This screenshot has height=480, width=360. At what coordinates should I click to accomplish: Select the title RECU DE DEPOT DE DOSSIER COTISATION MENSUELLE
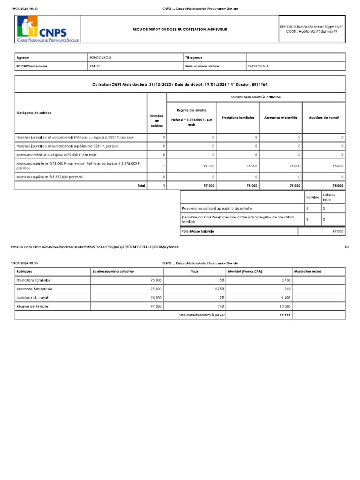(180, 29)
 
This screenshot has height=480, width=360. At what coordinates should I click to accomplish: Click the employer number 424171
(94, 66)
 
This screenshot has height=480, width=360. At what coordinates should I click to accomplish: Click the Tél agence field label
(194, 58)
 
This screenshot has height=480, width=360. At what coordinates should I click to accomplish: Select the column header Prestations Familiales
(238, 118)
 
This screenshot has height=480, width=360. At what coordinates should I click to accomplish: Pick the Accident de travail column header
(324, 118)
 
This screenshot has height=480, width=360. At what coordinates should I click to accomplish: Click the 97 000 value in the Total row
(209, 186)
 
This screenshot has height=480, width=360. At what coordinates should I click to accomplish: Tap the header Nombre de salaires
(157, 120)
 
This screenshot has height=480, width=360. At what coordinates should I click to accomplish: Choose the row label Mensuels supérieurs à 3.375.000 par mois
(50, 177)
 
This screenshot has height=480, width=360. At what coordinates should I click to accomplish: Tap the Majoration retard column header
(307, 271)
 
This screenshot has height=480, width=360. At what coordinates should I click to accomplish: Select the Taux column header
(195, 271)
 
